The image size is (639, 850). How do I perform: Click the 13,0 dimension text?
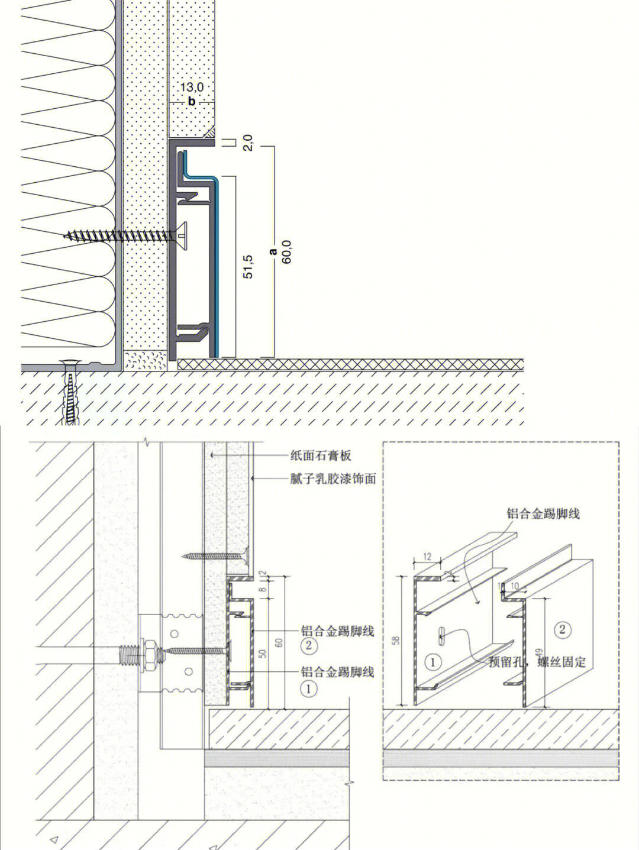pos(192,88)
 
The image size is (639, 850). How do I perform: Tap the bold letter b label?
pos(192,102)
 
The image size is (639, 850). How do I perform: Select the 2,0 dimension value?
pos(248,143)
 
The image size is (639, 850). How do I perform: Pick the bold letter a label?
pos(273,251)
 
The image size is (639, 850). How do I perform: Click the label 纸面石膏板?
pos(321,455)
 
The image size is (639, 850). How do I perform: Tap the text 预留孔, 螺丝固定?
pos(538,661)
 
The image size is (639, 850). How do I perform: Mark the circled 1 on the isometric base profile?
pos(434,662)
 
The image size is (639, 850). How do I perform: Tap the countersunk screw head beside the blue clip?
pos(180,236)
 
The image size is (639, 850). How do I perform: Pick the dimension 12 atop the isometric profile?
pos(428,557)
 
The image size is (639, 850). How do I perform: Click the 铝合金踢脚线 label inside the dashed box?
pos(543,513)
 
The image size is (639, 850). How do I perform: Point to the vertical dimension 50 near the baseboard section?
pos(263,654)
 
